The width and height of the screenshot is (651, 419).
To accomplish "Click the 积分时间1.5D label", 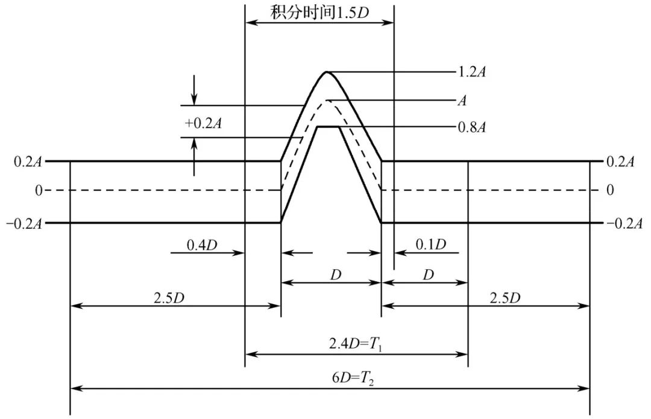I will click(x=319, y=11).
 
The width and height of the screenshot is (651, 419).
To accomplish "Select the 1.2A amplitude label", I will click(x=473, y=73).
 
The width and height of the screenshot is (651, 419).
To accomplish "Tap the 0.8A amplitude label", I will click(x=473, y=127).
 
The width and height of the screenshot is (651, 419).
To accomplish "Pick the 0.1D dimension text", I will click(x=431, y=245).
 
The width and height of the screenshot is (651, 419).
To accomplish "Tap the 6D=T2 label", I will click(x=354, y=379).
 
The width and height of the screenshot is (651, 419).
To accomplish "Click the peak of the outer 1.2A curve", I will click(x=327, y=72).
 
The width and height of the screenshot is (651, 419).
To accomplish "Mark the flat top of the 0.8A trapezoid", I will click(x=329, y=126).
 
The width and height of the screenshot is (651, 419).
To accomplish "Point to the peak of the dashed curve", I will click(x=327, y=100).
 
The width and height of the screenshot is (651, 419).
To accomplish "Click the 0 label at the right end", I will click(x=610, y=191).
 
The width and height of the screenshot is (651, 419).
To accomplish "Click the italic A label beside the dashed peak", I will click(x=462, y=101).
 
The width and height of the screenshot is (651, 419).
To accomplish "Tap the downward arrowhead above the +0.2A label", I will click(x=194, y=99).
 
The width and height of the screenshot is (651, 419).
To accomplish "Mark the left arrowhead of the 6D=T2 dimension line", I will click(x=75, y=389).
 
